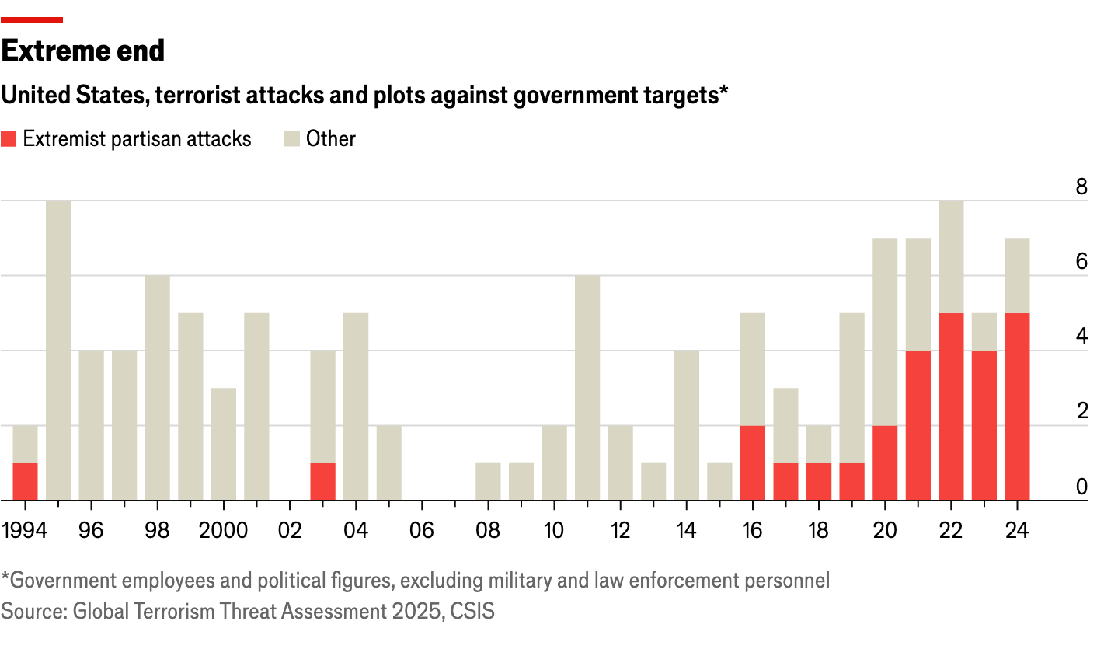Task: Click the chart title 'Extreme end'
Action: pyautogui.click(x=83, y=51)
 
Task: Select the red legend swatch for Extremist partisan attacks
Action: pyautogui.click(x=9, y=139)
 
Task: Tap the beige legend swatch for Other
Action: pyautogui.click(x=291, y=139)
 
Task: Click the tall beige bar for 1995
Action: pyautogui.click(x=58, y=350)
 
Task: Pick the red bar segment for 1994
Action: pyautogui.click(x=25, y=481)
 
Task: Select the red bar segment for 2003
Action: pyautogui.click(x=322, y=481)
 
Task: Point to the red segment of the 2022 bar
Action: pyautogui.click(x=951, y=407)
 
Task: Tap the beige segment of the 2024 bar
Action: pyautogui.click(x=1017, y=275)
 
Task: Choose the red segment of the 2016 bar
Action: pyautogui.click(x=753, y=462)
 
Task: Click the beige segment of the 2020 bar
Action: pyautogui.click(x=885, y=331)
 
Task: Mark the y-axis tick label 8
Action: pyautogui.click(x=1081, y=187)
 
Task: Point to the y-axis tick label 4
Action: pyautogui.click(x=1081, y=337)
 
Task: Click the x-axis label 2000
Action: pyautogui.click(x=223, y=531)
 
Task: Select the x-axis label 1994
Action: pyautogui.click(x=25, y=531)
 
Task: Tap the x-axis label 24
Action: pyautogui.click(x=1017, y=531)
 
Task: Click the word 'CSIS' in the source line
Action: pyautogui.click(x=473, y=612)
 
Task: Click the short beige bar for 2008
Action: pyautogui.click(x=488, y=481)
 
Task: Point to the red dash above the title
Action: pyautogui.click(x=32, y=20)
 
